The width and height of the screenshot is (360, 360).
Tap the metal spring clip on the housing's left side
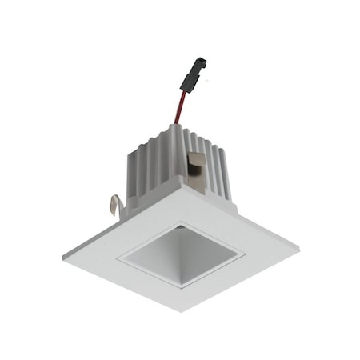point(117,206)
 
